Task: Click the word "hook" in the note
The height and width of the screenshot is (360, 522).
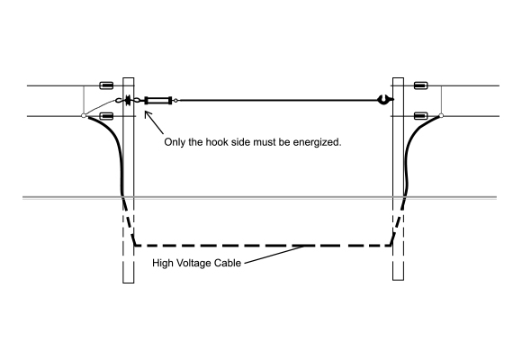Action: pos(217,142)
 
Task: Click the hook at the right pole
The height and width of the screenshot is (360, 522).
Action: pos(385,99)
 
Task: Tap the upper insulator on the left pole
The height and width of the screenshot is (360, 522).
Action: pos(106,85)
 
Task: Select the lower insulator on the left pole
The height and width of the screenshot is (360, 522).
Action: pos(106,116)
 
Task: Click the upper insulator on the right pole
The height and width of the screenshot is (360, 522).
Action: pos(421,85)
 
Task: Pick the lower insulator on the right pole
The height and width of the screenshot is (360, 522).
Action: pos(421,116)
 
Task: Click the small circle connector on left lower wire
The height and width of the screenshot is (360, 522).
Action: pos(84,115)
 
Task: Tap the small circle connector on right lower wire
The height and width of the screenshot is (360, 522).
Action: pos(441,115)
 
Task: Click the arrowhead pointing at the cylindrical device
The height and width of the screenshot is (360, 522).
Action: pos(147,114)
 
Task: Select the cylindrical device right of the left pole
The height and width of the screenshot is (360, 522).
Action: pos(158,100)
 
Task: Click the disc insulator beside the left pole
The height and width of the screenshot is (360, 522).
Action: pos(128,100)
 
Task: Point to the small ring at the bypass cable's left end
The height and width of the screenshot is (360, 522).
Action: pos(175,100)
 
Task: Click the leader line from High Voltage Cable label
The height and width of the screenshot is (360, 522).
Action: pos(274,255)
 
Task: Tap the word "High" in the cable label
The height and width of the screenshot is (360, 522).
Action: pos(163,263)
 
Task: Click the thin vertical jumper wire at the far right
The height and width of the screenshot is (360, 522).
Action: pos(441,100)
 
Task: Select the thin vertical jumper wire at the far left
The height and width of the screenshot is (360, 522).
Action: pos(84,100)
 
